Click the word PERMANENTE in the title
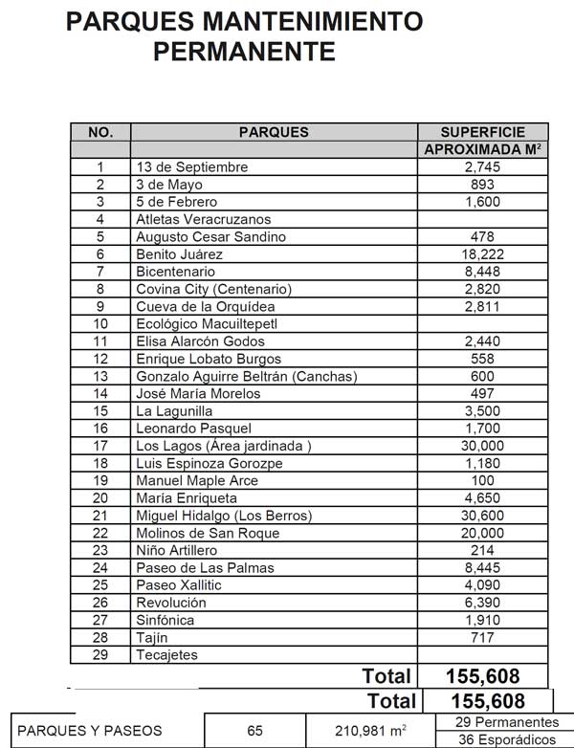click(x=244, y=51)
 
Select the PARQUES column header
click(x=274, y=132)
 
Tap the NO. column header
click(x=100, y=132)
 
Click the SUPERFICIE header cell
click(x=483, y=132)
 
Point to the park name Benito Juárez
click(x=179, y=254)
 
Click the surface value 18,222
click(x=483, y=254)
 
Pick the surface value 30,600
click(x=483, y=516)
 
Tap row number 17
click(x=99, y=446)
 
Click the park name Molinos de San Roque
click(x=208, y=533)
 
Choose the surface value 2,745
click(x=483, y=167)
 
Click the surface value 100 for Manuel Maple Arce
click(x=483, y=480)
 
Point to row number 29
click(x=99, y=655)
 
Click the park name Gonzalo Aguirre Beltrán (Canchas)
click(x=247, y=377)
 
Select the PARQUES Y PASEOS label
click(x=91, y=731)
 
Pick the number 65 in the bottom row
click(x=254, y=731)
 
